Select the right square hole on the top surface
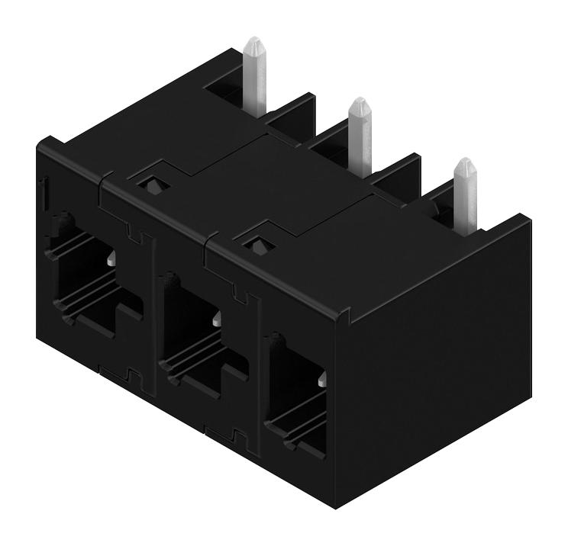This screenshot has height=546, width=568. click(x=260, y=244)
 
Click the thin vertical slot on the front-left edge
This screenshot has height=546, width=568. click(x=44, y=191)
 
